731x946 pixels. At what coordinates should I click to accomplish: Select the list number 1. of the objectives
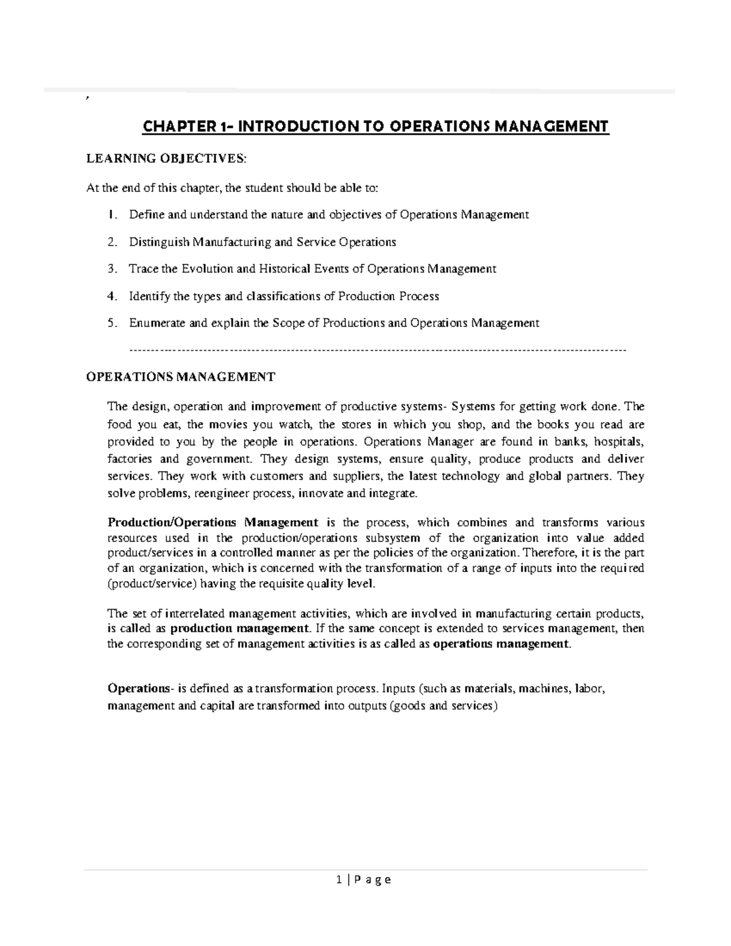[x=110, y=214]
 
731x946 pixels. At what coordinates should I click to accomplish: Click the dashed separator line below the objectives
[x=378, y=350]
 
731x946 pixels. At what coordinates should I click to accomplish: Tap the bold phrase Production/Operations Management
[x=213, y=523]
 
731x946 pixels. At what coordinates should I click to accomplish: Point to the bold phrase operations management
[x=501, y=644]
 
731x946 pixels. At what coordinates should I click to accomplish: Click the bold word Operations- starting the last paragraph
[x=139, y=689]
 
